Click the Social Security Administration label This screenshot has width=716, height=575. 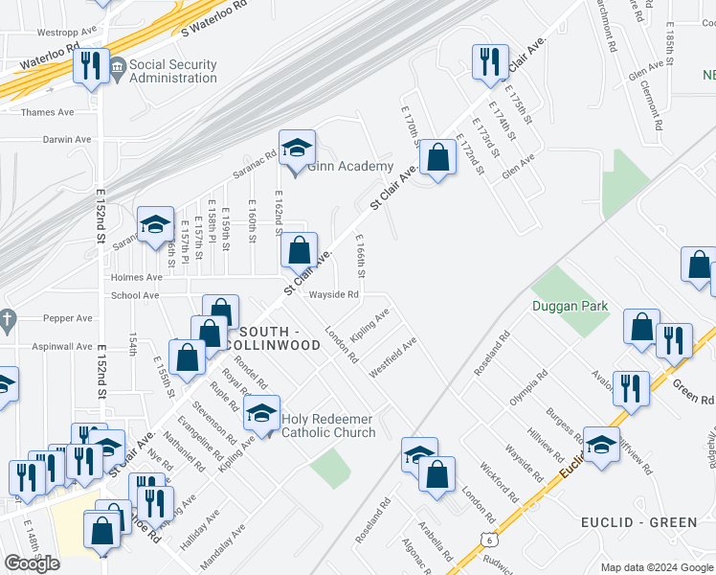coord(172,72)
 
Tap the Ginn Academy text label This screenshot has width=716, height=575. coord(350,167)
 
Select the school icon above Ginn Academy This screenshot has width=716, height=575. coord(297,149)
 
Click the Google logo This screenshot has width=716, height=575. coord(32,563)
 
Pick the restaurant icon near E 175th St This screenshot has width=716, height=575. coord(489,61)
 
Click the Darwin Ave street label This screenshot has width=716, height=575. coord(67,139)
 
